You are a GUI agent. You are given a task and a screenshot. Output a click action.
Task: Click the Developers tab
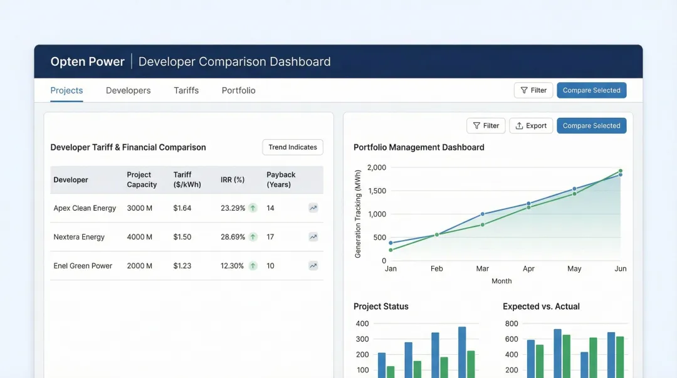(128, 90)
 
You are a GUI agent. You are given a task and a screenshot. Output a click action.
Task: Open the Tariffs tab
(186, 90)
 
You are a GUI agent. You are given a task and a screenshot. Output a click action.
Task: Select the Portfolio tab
(238, 90)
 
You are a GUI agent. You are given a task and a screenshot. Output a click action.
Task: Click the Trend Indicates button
(293, 147)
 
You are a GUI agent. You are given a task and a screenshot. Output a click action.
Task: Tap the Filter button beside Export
(486, 126)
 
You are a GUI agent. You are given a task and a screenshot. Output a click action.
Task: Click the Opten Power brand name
(87, 61)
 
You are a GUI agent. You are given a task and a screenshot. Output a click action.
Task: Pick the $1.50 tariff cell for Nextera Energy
(182, 237)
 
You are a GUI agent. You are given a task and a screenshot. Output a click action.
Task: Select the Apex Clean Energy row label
(85, 208)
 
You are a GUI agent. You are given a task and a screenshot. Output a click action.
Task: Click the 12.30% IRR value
(232, 266)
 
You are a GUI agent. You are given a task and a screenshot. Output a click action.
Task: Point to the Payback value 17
(271, 237)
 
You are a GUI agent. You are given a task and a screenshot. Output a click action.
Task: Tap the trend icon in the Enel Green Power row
(313, 266)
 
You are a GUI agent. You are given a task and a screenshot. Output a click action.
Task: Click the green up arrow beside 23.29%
(253, 208)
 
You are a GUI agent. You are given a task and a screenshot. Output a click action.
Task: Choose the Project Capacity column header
(142, 180)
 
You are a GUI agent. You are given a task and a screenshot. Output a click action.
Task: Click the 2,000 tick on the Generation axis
(377, 167)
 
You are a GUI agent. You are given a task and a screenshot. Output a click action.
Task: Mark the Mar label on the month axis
(482, 268)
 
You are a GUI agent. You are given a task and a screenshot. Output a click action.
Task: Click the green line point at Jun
(621, 171)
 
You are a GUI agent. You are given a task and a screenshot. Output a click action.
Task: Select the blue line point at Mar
(482, 214)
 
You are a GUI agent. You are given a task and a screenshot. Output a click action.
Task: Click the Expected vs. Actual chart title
(541, 307)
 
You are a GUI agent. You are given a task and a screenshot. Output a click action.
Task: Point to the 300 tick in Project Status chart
(362, 339)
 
